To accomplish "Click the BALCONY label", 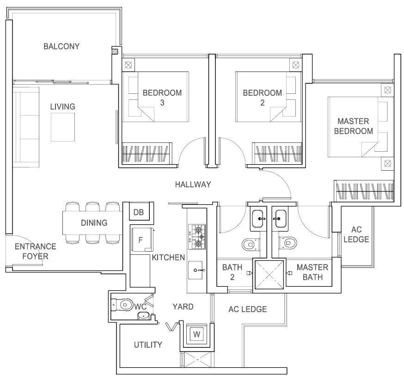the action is [x=61, y=46].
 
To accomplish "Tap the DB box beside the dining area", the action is [x=139, y=212].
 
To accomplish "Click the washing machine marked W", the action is [x=196, y=334].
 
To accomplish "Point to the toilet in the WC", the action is [x=122, y=305].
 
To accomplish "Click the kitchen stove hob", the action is [x=197, y=237].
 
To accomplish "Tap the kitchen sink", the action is [x=196, y=270].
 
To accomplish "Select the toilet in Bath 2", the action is [x=250, y=244].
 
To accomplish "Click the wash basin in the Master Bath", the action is [x=280, y=219].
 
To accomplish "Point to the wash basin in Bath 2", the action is [x=257, y=219].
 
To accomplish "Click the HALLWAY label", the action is [x=193, y=184].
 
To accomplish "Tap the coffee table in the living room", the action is [x=63, y=127].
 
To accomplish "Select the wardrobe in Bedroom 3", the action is [x=146, y=153].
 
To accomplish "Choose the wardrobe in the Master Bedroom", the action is [x=364, y=191].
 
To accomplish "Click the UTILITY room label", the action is [x=148, y=345].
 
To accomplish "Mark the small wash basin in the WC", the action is [x=143, y=315].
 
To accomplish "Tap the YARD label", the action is [x=183, y=307].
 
